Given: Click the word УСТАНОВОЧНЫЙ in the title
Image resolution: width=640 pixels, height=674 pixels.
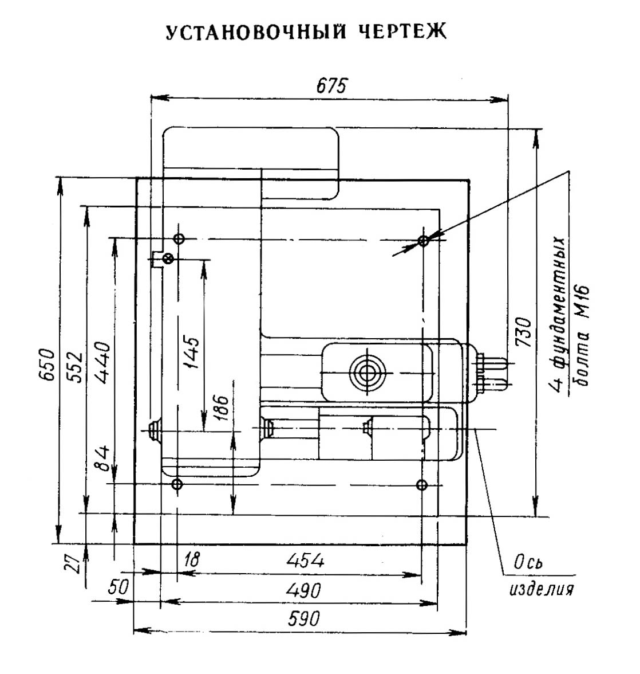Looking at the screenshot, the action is click(256, 32).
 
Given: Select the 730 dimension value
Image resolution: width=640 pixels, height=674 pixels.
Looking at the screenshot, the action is click(523, 332).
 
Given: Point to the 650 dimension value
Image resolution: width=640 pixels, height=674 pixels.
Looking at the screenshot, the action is click(47, 365).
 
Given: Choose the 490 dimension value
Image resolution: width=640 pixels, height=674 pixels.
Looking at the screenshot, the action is click(303, 590).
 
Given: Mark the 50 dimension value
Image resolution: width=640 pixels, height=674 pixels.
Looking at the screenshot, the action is click(118, 587).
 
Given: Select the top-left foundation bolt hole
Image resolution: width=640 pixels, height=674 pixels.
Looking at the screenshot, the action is click(179, 238).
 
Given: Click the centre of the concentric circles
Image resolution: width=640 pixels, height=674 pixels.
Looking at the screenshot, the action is click(368, 373).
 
